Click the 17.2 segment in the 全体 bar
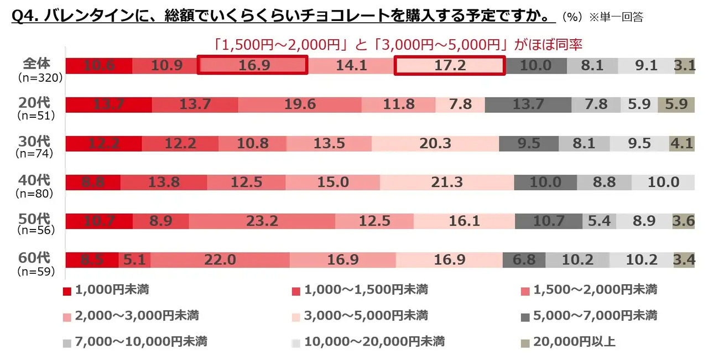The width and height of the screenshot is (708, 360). [449, 66]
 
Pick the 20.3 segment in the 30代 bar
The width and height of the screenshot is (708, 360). [435, 144]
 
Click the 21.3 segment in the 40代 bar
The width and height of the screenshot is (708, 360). [446, 182]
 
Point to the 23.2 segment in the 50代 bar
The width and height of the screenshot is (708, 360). [262, 221]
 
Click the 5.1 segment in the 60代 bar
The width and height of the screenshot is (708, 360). [134, 260]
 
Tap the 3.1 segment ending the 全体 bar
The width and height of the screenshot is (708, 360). [685, 66]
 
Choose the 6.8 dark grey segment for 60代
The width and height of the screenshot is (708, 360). [523, 260]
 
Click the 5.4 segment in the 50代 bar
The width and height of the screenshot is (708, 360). [599, 221]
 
